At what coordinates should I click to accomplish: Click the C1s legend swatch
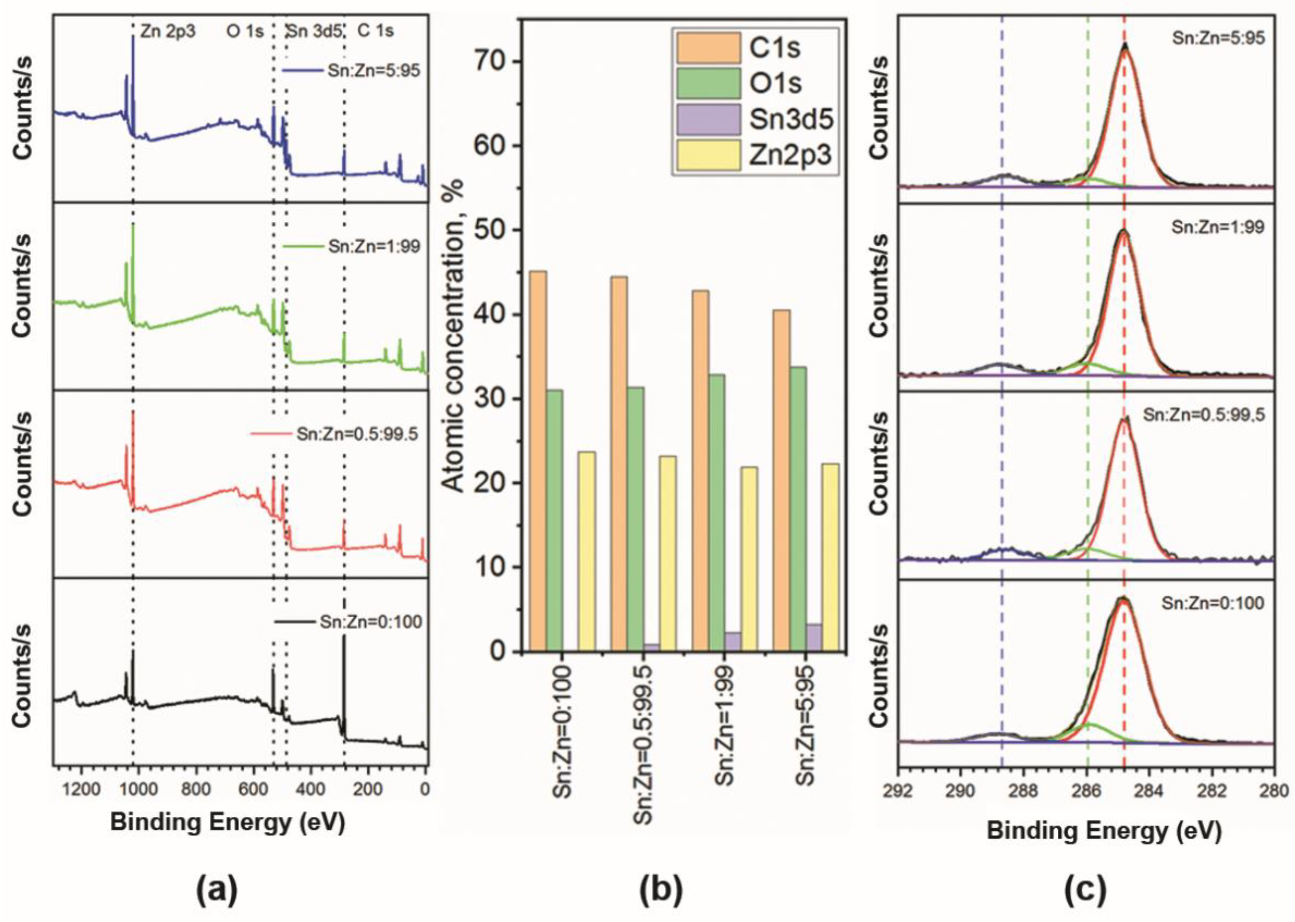coord(708,48)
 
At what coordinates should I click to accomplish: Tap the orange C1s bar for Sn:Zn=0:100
coord(538,460)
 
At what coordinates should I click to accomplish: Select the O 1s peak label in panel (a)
coord(245,31)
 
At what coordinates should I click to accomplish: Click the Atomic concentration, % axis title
coord(453,335)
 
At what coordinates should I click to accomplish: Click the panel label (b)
coord(661,893)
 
